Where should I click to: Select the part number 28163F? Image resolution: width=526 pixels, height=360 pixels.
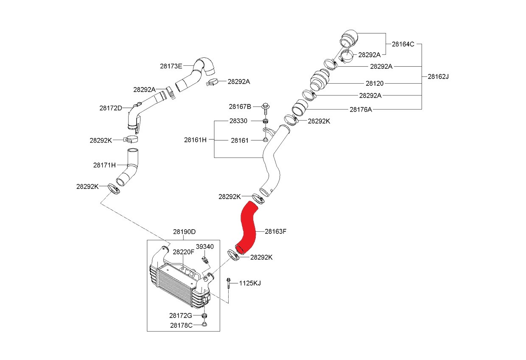(x=275, y=231)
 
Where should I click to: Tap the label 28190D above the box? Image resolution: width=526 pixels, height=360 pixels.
(x=185, y=232)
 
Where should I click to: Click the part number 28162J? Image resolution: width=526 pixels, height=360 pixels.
(x=438, y=76)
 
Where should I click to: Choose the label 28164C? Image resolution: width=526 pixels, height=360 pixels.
(x=403, y=44)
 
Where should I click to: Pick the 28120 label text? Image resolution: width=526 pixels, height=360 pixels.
(x=375, y=84)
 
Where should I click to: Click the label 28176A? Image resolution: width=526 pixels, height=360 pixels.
(x=361, y=110)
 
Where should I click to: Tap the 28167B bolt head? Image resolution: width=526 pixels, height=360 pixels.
(x=266, y=106)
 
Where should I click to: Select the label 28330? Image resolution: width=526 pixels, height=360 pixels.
(x=238, y=121)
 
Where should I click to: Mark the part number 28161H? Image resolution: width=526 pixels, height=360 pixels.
(x=196, y=140)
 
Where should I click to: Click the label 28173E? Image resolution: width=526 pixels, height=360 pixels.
(x=171, y=66)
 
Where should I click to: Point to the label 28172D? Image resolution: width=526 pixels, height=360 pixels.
(x=111, y=108)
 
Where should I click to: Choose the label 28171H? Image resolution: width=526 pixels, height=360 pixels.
(x=104, y=165)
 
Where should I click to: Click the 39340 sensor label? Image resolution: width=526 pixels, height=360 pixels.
(x=205, y=247)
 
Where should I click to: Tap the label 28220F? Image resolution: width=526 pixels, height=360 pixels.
(x=184, y=252)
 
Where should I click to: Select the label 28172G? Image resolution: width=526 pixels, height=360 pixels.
(x=181, y=315)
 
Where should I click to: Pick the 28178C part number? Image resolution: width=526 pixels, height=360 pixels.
(x=181, y=326)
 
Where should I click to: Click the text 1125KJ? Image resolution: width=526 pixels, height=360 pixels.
(x=250, y=283)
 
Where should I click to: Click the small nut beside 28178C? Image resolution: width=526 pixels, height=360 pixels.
(x=204, y=324)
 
